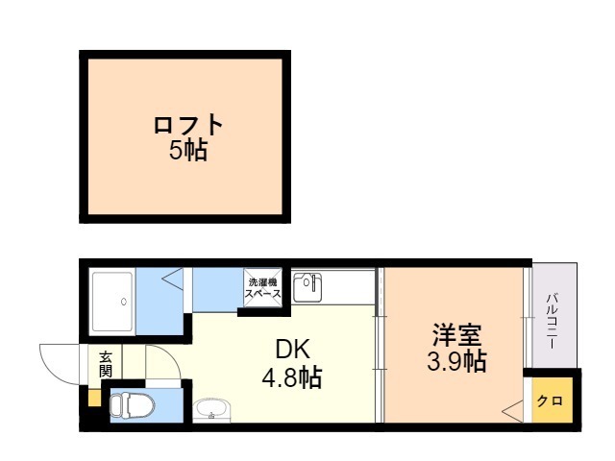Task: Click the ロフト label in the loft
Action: (188, 125)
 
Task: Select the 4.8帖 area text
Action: (293, 376)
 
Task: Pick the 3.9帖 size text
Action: (455, 362)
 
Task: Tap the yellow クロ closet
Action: (550, 401)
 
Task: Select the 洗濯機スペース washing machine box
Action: (263, 289)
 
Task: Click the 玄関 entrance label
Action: (105, 364)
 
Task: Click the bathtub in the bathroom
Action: (112, 302)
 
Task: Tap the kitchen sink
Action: (308, 286)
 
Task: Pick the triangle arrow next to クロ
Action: (511, 411)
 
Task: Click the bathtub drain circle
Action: (123, 302)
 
